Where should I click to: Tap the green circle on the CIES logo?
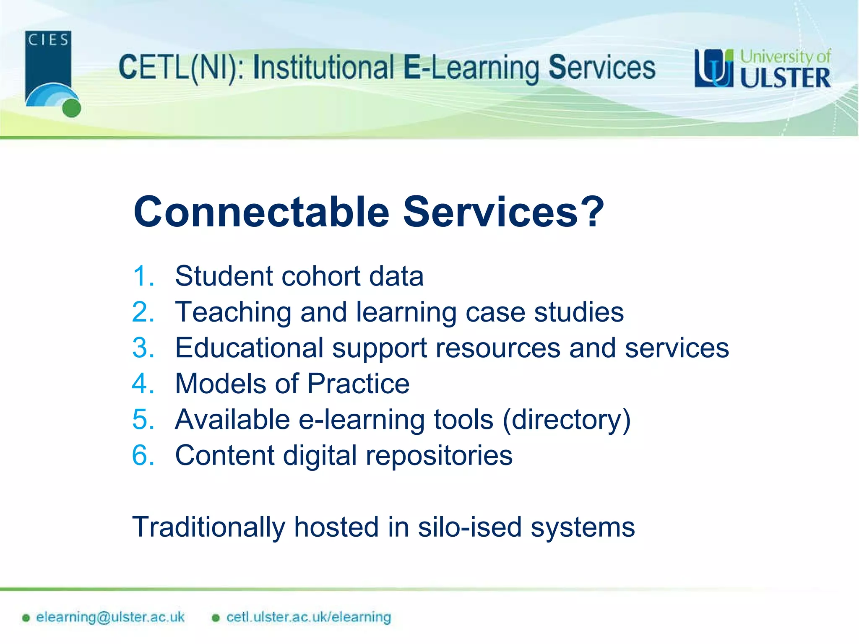click(71, 108)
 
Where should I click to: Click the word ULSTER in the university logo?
click(785, 78)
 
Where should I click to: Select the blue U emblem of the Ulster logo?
click(713, 68)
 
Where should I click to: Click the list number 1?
click(143, 276)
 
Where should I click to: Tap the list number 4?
click(143, 384)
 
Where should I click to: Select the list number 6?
click(143, 455)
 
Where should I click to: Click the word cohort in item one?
click(321, 276)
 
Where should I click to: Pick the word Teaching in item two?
click(233, 312)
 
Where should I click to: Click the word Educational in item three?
click(249, 348)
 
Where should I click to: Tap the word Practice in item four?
click(358, 384)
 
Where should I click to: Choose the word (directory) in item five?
click(567, 420)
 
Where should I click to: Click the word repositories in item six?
click(439, 455)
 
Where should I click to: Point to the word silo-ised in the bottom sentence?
click(469, 527)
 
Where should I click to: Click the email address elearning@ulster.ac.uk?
click(110, 617)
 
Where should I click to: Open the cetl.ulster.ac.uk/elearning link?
click(308, 617)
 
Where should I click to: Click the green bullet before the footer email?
click(26, 618)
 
